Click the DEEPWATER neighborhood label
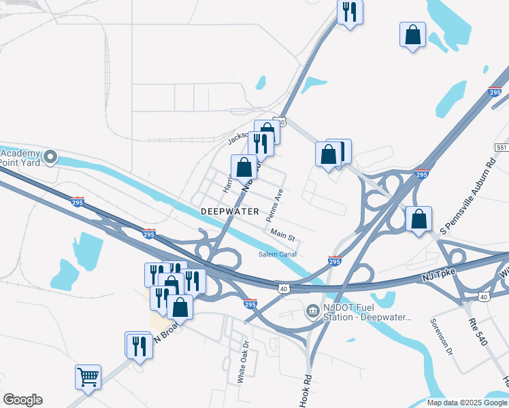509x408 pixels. pyautogui.click(x=230, y=211)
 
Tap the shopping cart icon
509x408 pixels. pyautogui.click(x=88, y=376)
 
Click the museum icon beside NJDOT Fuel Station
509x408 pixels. pyautogui.click(x=312, y=311)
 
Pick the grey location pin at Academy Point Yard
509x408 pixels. pyautogui.click(x=49, y=157)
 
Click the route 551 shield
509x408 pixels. pyautogui.click(x=502, y=148)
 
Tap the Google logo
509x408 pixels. pyautogui.click(x=22, y=400)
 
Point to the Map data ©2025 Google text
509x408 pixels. pyautogui.click(x=467, y=403)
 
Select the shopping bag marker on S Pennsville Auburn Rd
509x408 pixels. pyautogui.click(x=418, y=219)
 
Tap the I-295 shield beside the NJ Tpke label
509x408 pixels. pyautogui.click(x=334, y=260)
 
